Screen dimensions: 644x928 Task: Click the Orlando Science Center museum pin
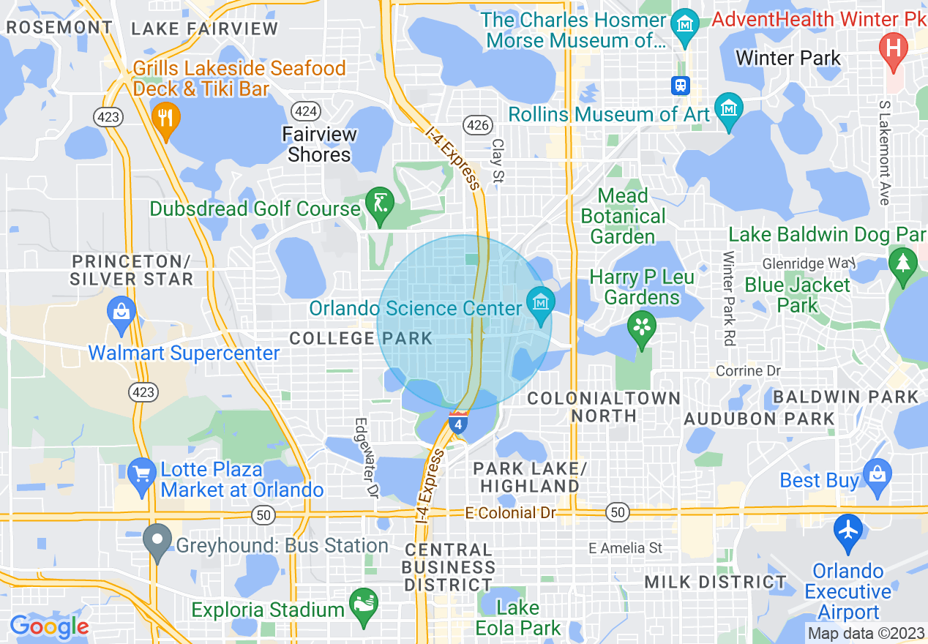[541, 301]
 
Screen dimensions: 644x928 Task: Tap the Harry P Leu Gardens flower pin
[643, 326]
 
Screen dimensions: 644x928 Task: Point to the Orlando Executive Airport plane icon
[848, 531]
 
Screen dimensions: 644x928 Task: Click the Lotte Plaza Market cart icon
[141, 473]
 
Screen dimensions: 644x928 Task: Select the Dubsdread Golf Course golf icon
[379, 203]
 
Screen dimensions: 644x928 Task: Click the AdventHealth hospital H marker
[893, 49]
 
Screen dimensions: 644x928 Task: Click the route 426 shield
[477, 125]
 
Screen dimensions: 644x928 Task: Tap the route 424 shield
[304, 111]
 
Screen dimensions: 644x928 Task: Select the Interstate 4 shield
[458, 422]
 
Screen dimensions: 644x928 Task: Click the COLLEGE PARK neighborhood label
[361, 338]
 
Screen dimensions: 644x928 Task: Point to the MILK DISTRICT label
[715, 583]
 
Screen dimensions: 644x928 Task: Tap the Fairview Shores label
[320, 144]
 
